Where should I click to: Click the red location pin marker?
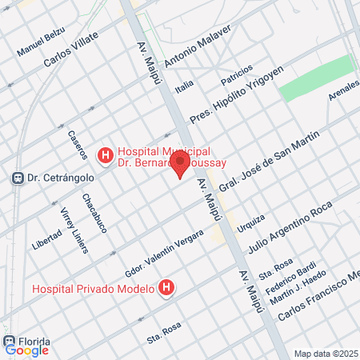181,165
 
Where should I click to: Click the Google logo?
26,350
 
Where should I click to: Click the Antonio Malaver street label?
198,46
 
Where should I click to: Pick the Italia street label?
185,85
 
